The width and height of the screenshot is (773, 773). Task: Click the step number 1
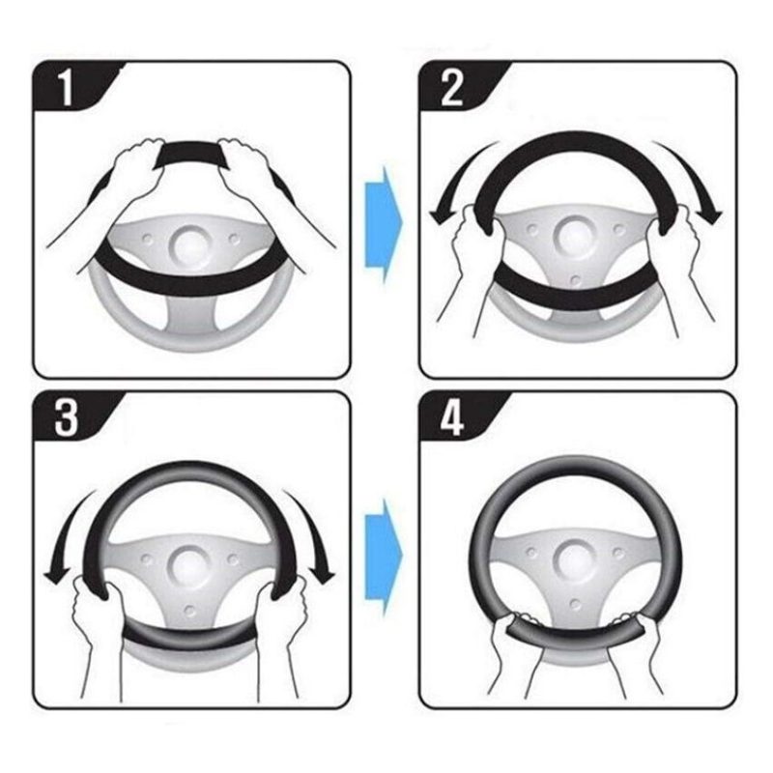tap(66, 89)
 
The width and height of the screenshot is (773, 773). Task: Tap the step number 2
tap(451, 89)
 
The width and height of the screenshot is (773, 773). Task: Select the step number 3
tap(67, 419)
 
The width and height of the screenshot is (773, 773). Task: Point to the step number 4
tap(451, 419)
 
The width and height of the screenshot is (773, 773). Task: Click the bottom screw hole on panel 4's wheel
tap(575, 603)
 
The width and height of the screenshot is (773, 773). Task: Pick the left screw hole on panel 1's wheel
tap(148, 240)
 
